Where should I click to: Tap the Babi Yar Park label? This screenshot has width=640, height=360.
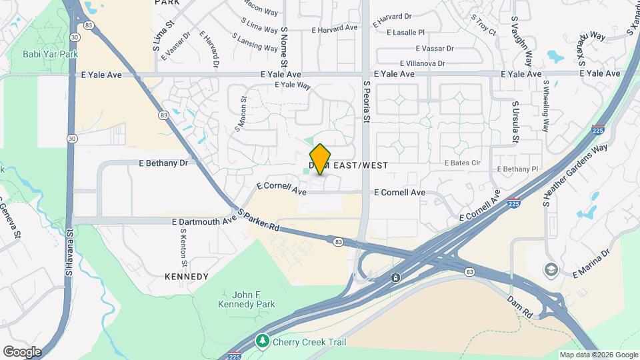pos(51,54)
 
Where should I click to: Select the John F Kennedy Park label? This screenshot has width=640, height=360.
pos(246,299)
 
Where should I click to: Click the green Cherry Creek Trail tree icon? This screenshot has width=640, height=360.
pos(263,341)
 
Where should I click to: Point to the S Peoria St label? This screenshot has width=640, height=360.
pos(366,102)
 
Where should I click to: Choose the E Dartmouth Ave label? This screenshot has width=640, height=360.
pos(204,221)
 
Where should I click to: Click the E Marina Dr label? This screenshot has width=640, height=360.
pos(592,263)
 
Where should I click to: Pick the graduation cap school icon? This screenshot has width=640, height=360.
pos(551,269)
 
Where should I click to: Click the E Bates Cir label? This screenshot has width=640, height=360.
pos(463,163)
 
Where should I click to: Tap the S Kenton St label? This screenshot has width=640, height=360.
pos(183,247)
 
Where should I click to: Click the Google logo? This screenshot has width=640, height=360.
pos(22,351)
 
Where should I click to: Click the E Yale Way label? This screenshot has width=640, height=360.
pos(293,85)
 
